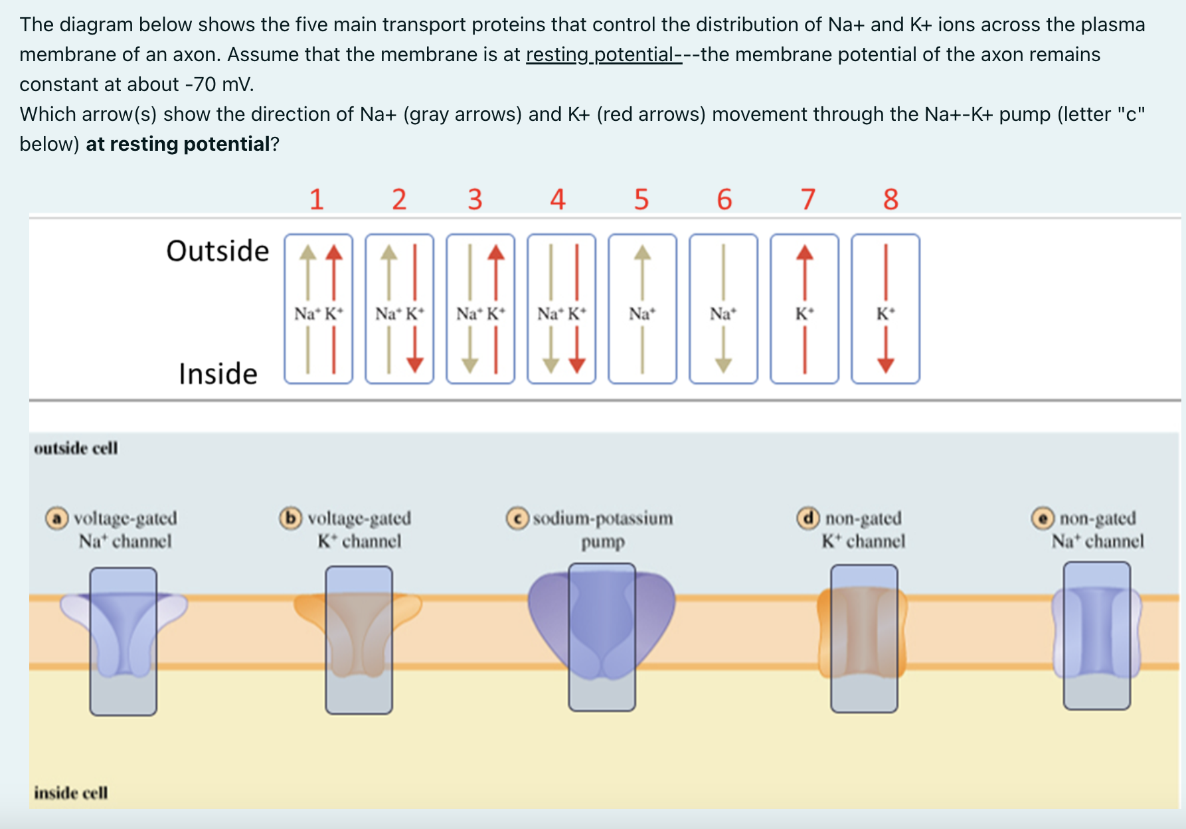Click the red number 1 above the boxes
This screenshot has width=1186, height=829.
317,199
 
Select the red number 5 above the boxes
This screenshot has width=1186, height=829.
641,199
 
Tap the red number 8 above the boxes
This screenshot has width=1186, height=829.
890,199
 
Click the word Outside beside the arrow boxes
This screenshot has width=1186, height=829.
218,251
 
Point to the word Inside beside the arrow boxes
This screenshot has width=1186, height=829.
218,374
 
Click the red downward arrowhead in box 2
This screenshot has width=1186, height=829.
415,364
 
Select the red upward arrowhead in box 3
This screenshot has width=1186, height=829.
496,253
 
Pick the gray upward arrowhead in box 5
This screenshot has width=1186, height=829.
642,253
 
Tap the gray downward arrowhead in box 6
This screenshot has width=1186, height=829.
723,364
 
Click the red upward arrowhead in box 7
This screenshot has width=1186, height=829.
805,253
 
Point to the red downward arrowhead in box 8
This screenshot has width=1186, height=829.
885,364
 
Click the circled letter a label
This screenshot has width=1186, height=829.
57,517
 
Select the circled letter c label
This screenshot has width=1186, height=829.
517,518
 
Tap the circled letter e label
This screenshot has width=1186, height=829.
1043,517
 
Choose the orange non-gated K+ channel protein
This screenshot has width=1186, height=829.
863,631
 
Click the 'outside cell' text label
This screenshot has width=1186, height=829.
76,448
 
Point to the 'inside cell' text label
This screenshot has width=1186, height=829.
71,792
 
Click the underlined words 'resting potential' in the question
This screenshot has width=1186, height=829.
604,54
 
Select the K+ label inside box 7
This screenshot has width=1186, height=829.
805,314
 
